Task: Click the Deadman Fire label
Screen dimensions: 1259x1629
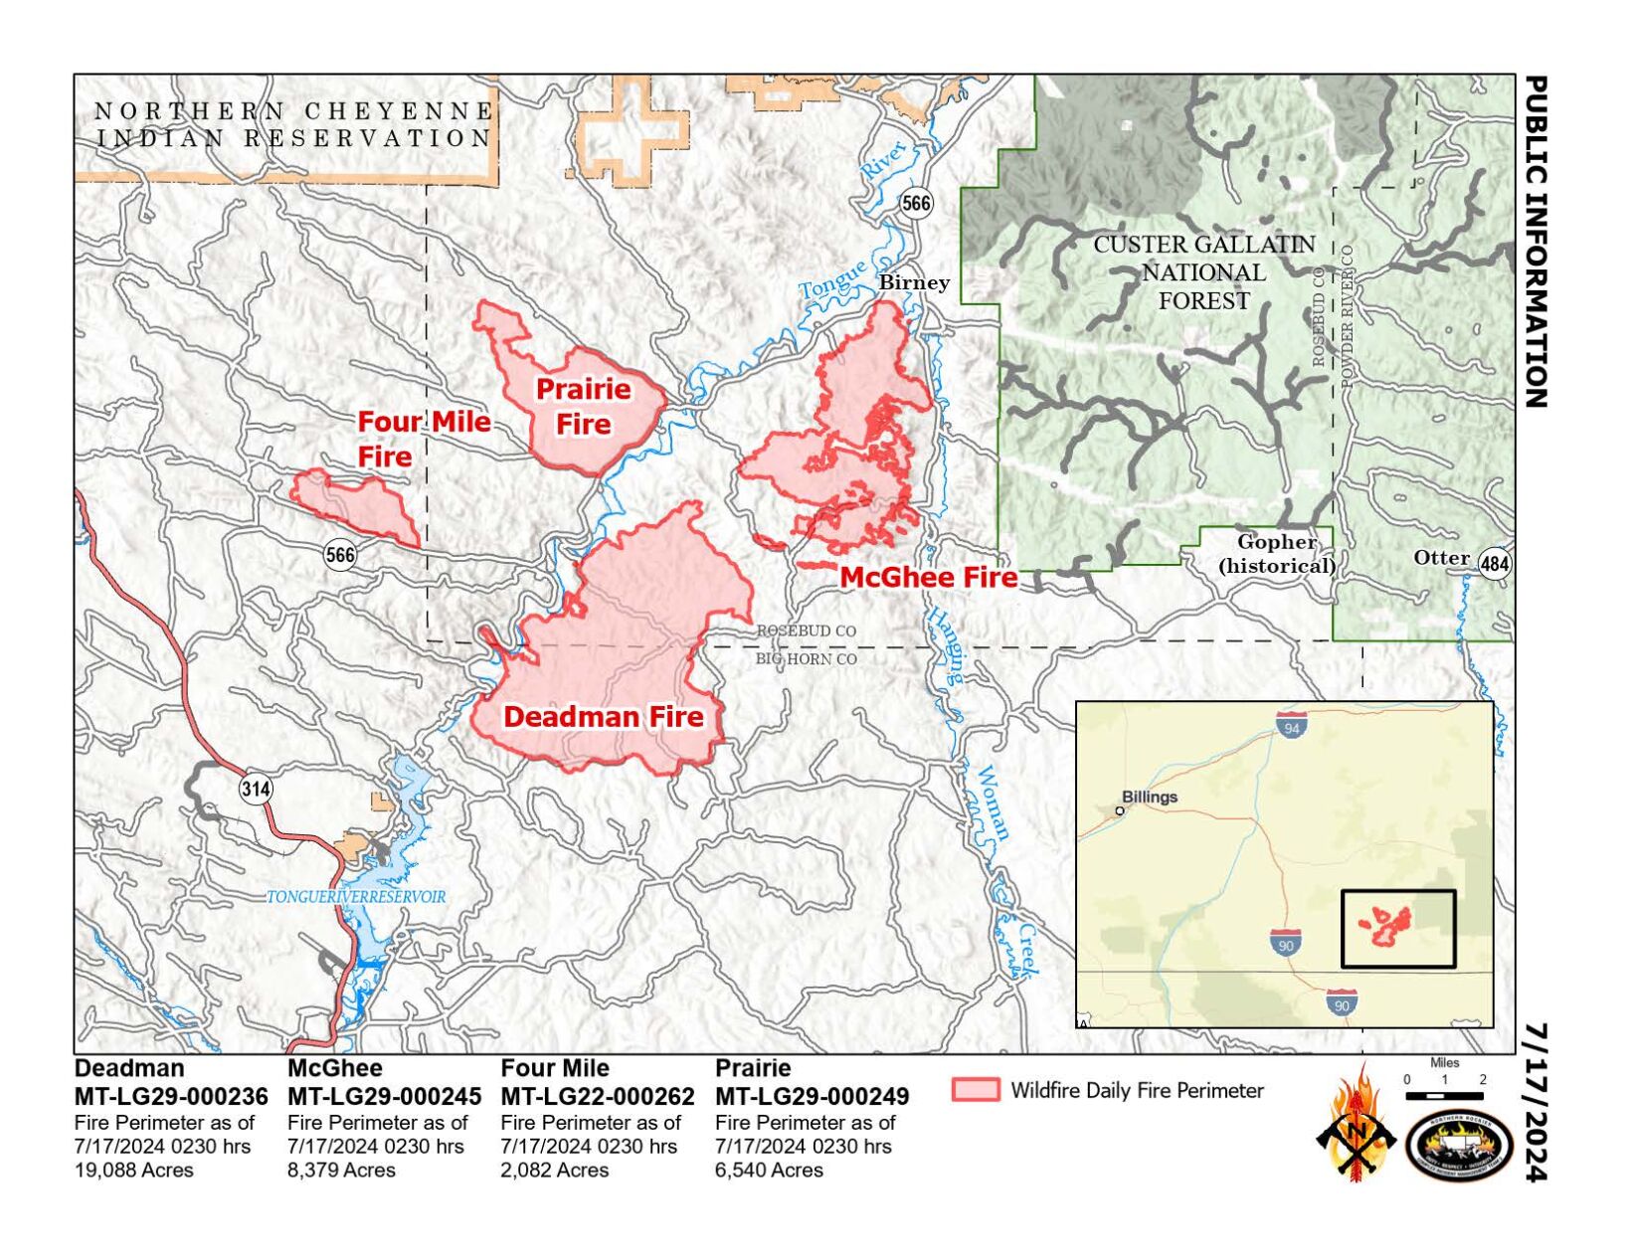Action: [x=603, y=717]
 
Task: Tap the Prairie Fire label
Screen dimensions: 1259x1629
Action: [x=584, y=406]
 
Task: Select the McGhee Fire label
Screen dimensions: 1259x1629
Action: [x=929, y=577]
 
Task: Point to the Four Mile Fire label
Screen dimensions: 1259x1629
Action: [x=423, y=438]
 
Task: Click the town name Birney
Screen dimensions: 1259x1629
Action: [x=913, y=282]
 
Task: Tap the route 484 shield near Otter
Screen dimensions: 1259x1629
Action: [x=1494, y=565]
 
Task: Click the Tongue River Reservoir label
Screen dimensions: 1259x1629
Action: [x=356, y=897]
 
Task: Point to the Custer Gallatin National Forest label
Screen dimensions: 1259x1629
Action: [x=1203, y=272]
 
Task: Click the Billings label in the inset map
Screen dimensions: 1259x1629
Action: [x=1149, y=797]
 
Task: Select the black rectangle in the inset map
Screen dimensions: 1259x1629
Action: [x=1397, y=928]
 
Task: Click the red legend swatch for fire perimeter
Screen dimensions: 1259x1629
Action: [x=975, y=1089]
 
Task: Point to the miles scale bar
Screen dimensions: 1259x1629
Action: [x=1444, y=1095]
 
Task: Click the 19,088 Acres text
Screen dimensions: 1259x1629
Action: [x=134, y=1170]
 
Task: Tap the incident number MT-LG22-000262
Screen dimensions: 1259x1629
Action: [x=597, y=1097]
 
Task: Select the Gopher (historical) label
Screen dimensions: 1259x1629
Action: [x=1277, y=554]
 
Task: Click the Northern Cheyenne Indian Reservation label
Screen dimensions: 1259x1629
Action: [x=293, y=124]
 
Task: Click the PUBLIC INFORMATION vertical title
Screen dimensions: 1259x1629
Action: [x=1536, y=242]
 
